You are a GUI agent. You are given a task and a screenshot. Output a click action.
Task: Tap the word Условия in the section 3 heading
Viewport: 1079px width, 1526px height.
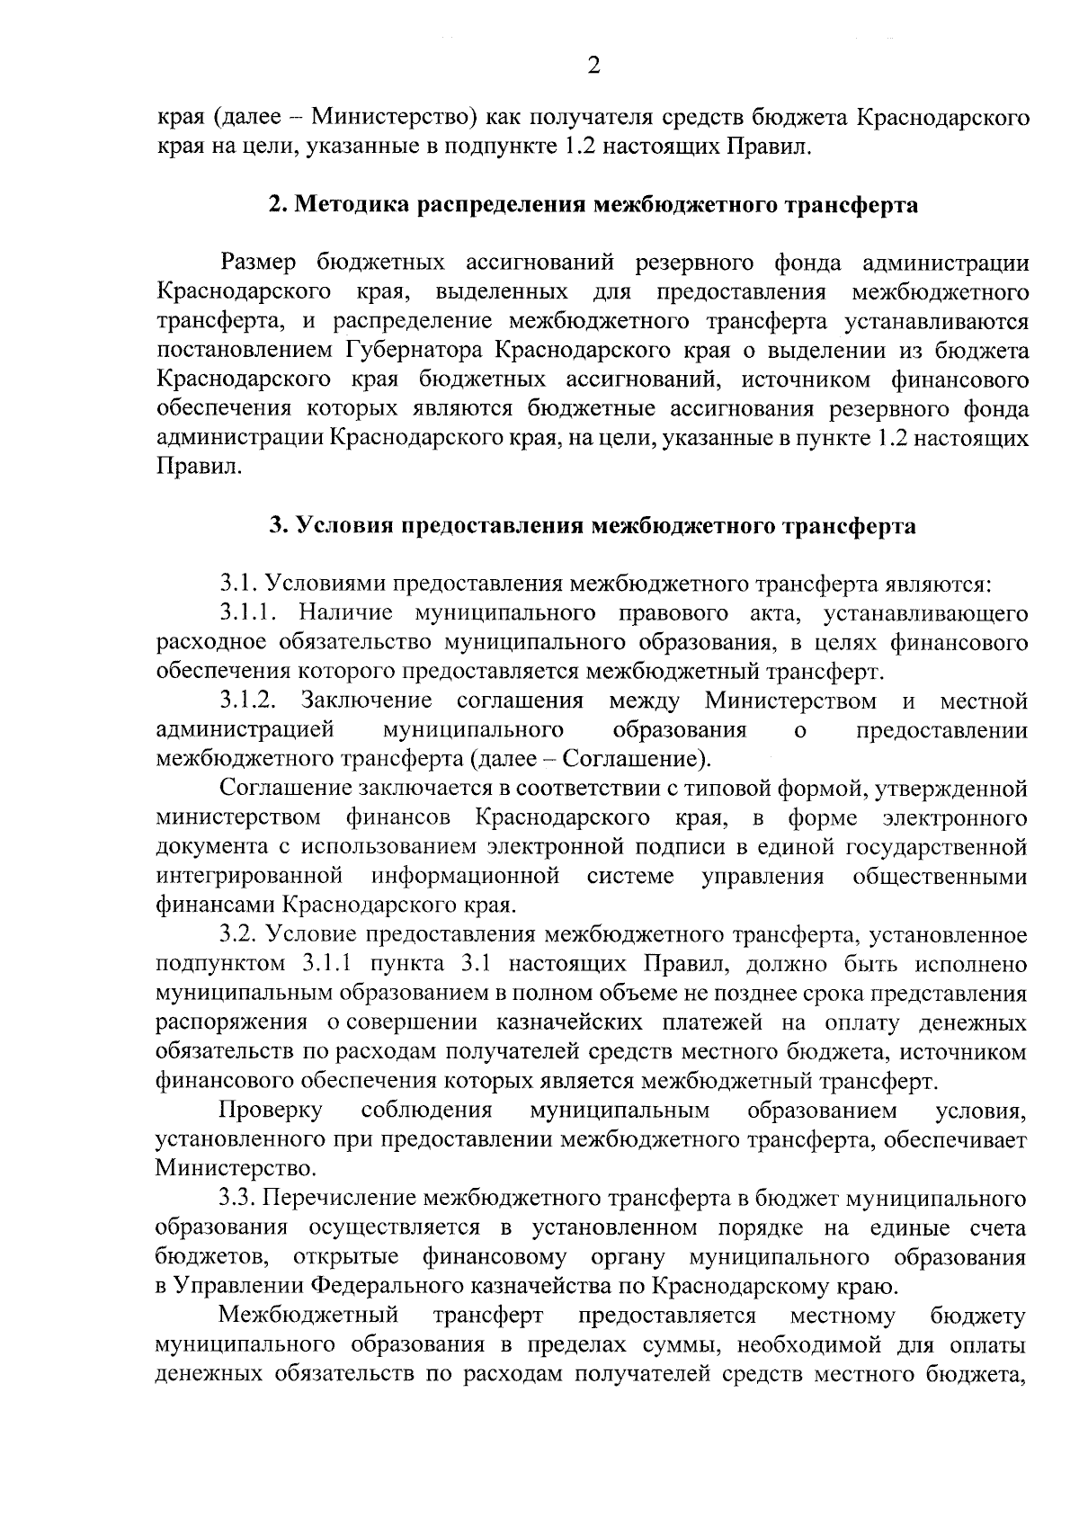(x=344, y=526)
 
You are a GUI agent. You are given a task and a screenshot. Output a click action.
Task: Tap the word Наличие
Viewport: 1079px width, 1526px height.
(x=345, y=613)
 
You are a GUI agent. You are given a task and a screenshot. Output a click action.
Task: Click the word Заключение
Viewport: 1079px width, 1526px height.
(x=366, y=701)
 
